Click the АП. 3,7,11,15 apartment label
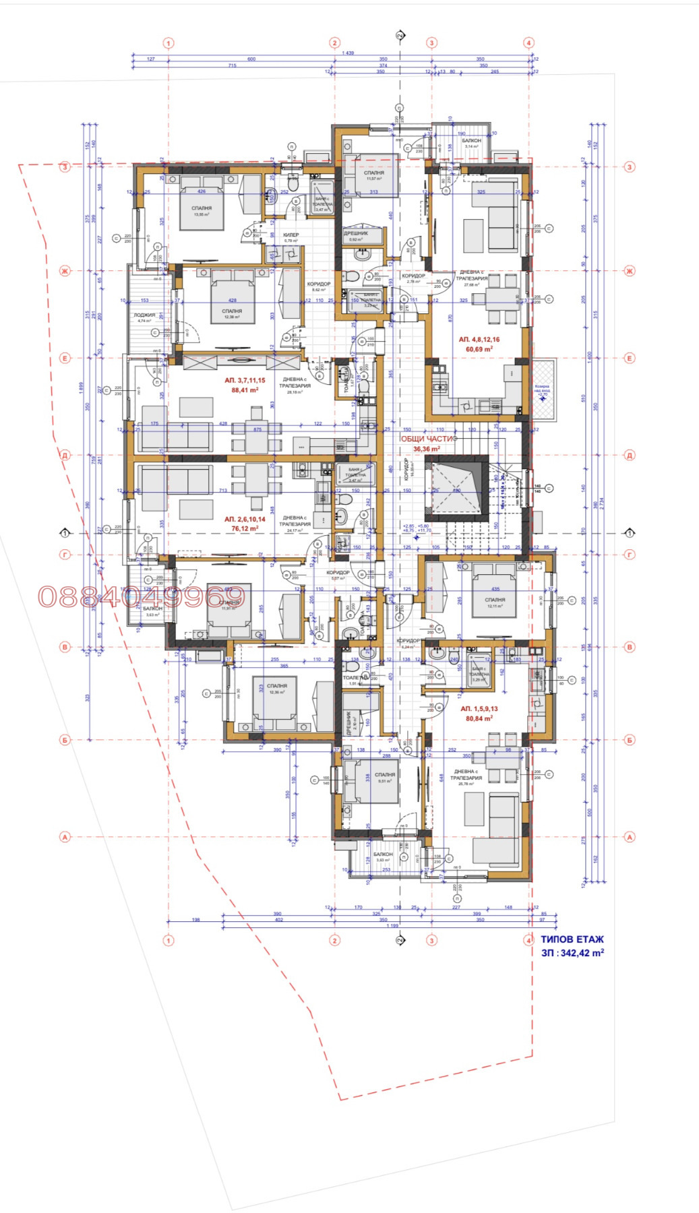245,380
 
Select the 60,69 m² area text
479,349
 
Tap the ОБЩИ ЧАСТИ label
429,439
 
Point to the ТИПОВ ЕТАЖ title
572,939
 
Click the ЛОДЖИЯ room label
144,315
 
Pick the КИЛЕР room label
291,235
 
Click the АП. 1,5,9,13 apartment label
479,709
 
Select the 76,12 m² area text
245,528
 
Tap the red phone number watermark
141,596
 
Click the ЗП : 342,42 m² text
572,953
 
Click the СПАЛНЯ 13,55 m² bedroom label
202,209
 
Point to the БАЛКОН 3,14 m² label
471,141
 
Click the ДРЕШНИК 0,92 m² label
356,234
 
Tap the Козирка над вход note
542,389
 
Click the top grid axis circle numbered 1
169,43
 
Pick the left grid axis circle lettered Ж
65,271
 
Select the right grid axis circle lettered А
630,837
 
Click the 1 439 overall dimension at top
348,53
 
